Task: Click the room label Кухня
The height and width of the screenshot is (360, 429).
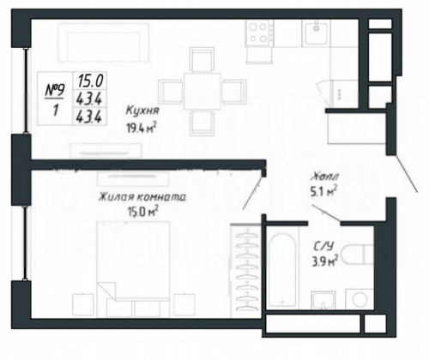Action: [x=142, y=111]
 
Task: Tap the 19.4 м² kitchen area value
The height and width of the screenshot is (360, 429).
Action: [x=142, y=129]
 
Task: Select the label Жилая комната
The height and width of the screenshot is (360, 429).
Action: [x=142, y=197]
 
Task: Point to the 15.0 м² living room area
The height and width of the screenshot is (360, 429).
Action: [x=143, y=212]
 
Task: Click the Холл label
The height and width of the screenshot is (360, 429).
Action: [x=325, y=177]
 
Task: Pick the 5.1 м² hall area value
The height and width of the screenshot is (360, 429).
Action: [x=323, y=191]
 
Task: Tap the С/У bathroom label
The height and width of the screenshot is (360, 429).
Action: [x=323, y=246]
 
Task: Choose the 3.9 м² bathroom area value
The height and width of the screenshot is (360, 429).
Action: [x=325, y=261]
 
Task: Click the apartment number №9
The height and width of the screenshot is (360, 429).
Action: [x=55, y=91]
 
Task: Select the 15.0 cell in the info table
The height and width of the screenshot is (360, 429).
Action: [x=90, y=81]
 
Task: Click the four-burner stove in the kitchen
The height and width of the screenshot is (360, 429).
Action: [x=258, y=33]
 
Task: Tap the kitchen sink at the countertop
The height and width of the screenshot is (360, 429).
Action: [x=317, y=33]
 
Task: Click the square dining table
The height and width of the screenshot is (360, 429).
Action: [x=202, y=91]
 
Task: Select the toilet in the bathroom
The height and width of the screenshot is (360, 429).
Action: [x=359, y=255]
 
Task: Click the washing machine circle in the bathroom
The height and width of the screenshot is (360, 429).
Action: [x=360, y=299]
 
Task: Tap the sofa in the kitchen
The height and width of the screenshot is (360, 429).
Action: [x=104, y=42]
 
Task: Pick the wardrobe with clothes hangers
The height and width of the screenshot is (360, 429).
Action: [x=246, y=268]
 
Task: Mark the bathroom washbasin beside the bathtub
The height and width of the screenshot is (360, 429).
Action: [x=323, y=300]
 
